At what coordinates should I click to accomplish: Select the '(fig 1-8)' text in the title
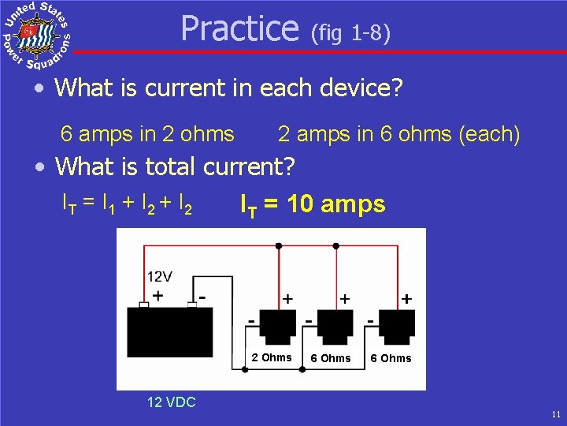pyautogui.click(x=350, y=33)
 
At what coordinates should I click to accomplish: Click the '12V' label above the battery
pyautogui.click(x=160, y=277)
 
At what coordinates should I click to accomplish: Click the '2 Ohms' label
pyautogui.click(x=272, y=357)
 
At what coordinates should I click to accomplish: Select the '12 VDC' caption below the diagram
pyautogui.click(x=171, y=402)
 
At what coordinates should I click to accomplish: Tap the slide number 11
pyautogui.click(x=556, y=413)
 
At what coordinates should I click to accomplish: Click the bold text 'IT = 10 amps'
pyautogui.click(x=313, y=205)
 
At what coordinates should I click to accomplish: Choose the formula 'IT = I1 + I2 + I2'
pyautogui.click(x=127, y=205)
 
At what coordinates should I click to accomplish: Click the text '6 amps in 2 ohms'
pyautogui.click(x=147, y=134)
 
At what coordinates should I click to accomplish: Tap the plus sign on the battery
pyautogui.click(x=158, y=297)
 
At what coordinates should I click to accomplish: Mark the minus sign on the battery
pyautogui.click(x=202, y=296)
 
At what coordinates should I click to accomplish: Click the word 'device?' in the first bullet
pyautogui.click(x=361, y=87)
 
